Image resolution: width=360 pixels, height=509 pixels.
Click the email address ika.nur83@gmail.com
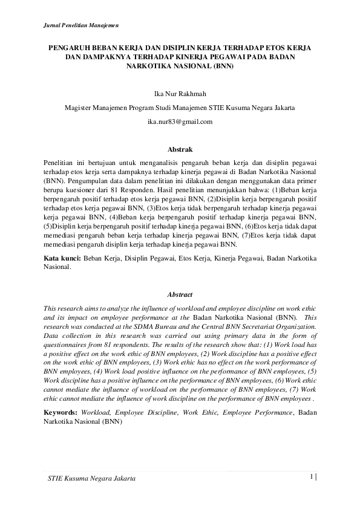click(x=180, y=122)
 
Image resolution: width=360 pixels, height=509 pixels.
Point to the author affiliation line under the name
click(x=180, y=108)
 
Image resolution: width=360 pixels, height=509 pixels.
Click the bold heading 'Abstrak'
click(x=180, y=149)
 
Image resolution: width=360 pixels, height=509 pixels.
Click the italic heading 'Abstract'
click(x=180, y=294)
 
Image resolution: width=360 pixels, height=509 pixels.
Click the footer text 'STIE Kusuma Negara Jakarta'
click(x=91, y=478)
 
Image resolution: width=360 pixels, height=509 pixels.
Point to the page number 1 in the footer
click(x=311, y=476)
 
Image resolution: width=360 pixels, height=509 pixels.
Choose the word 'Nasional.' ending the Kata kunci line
click(x=57, y=267)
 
